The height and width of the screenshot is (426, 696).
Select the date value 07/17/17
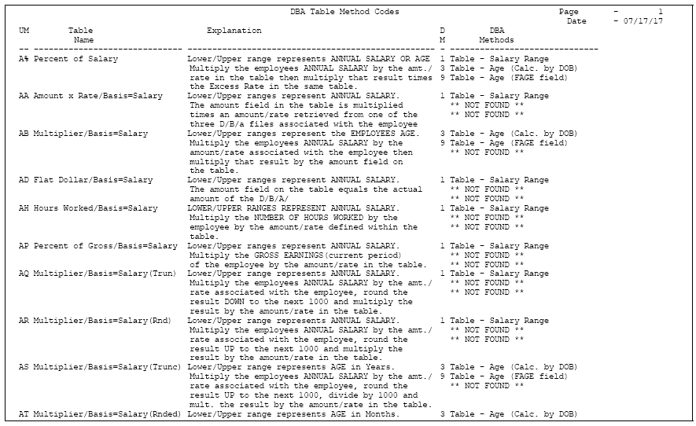643,21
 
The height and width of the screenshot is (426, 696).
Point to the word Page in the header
569,12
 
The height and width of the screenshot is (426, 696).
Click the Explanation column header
234,31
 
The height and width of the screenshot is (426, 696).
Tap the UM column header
24,31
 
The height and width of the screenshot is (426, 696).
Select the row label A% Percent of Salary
68,59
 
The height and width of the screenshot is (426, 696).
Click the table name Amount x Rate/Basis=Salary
98,96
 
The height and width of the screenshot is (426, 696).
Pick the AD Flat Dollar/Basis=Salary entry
86,180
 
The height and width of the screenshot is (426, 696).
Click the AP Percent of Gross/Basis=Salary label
98,246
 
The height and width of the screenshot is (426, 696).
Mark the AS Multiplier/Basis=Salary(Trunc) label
100,367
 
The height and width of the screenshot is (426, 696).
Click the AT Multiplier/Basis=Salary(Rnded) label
100,414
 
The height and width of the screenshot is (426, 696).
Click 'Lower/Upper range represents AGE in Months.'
293,414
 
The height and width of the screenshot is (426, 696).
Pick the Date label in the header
576,21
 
